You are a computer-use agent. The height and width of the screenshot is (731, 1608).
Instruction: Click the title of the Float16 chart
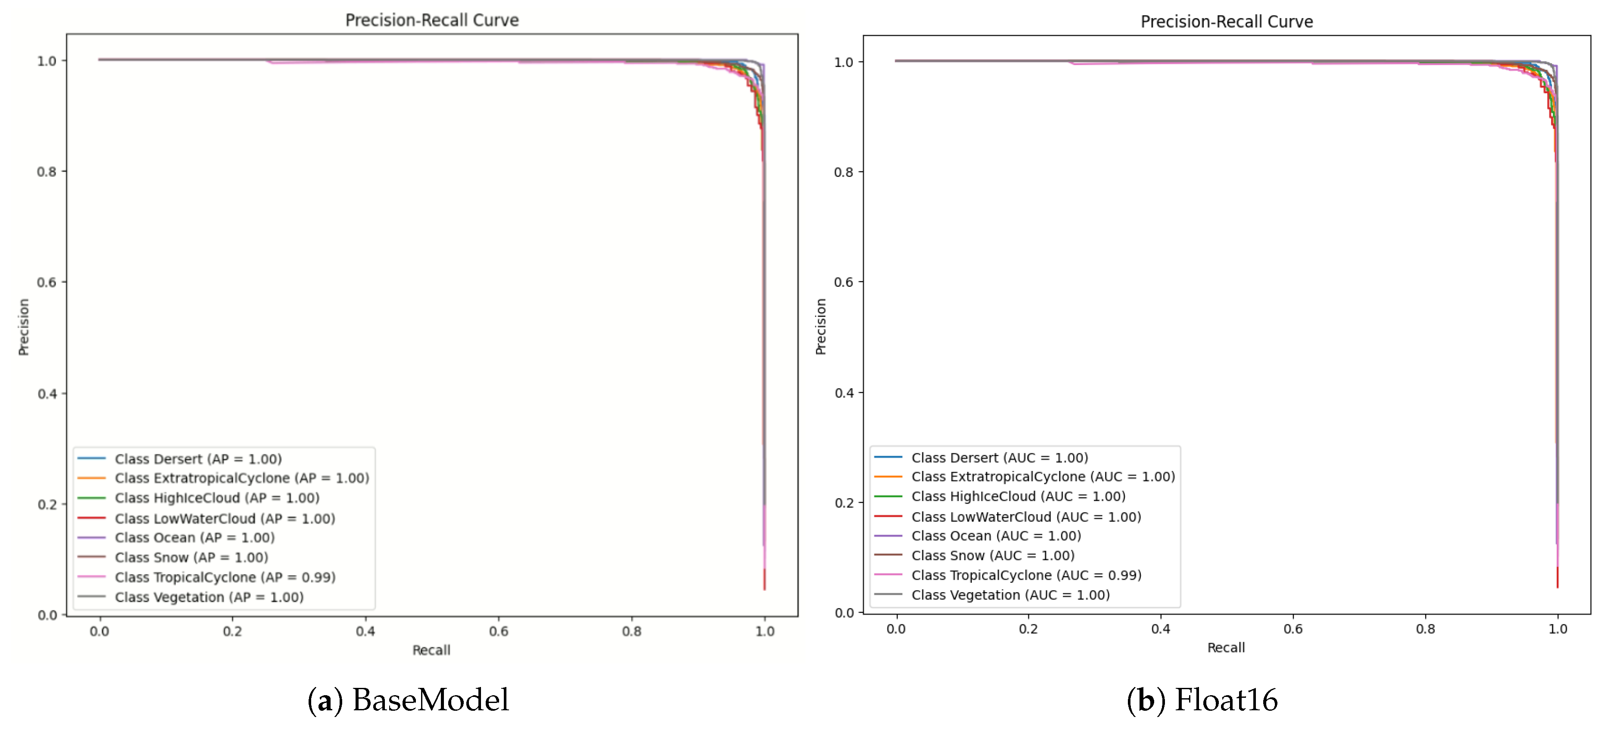(1227, 22)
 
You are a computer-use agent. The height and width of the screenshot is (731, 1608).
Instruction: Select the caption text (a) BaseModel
(408, 700)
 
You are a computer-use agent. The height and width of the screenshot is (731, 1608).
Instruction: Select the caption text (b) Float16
(1202, 700)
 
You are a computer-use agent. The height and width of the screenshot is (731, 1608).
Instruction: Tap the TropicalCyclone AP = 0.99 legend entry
(225, 577)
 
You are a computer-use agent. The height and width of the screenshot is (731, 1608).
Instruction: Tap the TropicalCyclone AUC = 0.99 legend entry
(1026, 575)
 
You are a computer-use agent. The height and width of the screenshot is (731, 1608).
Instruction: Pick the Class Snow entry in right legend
(993, 555)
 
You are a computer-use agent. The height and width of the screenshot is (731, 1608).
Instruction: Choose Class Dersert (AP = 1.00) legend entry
(198, 459)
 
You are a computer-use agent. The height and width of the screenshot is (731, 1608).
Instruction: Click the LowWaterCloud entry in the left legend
(225, 518)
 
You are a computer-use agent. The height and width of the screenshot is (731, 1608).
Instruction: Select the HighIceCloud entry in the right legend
(1018, 497)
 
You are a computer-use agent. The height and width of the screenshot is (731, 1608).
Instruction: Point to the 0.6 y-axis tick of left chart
(47, 282)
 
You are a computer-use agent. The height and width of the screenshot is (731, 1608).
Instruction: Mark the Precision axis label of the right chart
(821, 327)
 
